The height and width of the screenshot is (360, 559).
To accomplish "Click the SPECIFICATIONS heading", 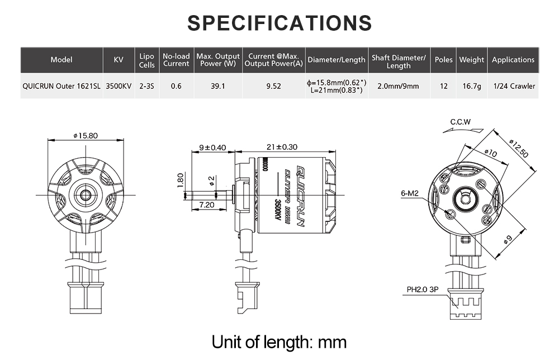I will pyautogui.click(x=279, y=23).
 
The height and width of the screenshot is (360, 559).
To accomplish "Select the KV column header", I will pyautogui.click(x=118, y=60).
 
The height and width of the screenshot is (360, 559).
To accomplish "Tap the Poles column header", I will pyautogui.click(x=443, y=60).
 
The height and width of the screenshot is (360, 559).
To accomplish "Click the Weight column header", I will pyautogui.click(x=471, y=60).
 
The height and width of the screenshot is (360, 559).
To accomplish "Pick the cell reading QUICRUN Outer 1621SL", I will pyautogui.click(x=61, y=86).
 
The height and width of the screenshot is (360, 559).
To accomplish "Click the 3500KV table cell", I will pyautogui.click(x=119, y=86).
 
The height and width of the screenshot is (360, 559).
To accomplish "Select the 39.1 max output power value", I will pyautogui.click(x=218, y=86).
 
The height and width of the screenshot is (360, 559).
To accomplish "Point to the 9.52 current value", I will pyautogui.click(x=274, y=86).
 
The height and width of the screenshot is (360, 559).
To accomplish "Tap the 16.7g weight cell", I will pyautogui.click(x=471, y=86).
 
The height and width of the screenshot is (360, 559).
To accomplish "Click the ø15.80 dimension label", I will pyautogui.click(x=86, y=135).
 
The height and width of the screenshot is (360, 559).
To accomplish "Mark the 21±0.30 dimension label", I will pyautogui.click(x=282, y=148).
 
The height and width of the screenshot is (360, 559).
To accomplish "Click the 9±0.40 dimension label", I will pyautogui.click(x=212, y=148).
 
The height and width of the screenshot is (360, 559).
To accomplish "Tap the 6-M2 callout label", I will pyautogui.click(x=410, y=193).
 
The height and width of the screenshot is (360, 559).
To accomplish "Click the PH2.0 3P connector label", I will pyautogui.click(x=422, y=290).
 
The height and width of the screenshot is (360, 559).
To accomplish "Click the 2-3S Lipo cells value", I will pyautogui.click(x=146, y=86).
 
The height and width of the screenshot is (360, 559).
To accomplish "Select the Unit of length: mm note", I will pyautogui.click(x=279, y=341).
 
